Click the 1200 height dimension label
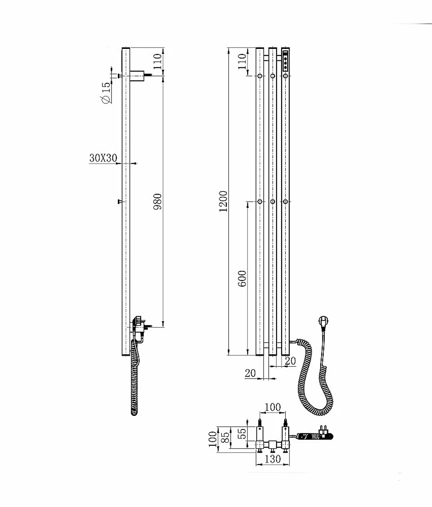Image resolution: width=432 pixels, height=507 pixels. click(x=223, y=201)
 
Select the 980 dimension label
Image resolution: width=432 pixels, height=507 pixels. click(x=157, y=202)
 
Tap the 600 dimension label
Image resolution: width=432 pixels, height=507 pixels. click(x=242, y=279)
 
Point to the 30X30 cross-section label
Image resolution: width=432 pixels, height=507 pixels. click(x=103, y=158)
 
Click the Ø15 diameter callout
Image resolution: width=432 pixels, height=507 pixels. click(x=106, y=92)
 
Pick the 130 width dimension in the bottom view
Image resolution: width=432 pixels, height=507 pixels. click(x=272, y=459)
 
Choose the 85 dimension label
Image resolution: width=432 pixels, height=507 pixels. click(x=226, y=437)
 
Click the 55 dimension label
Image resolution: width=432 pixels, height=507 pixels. click(x=242, y=433)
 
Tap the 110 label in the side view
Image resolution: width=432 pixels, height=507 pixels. click(x=157, y=61)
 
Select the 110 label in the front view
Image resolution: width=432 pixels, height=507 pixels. click(x=242, y=61)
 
